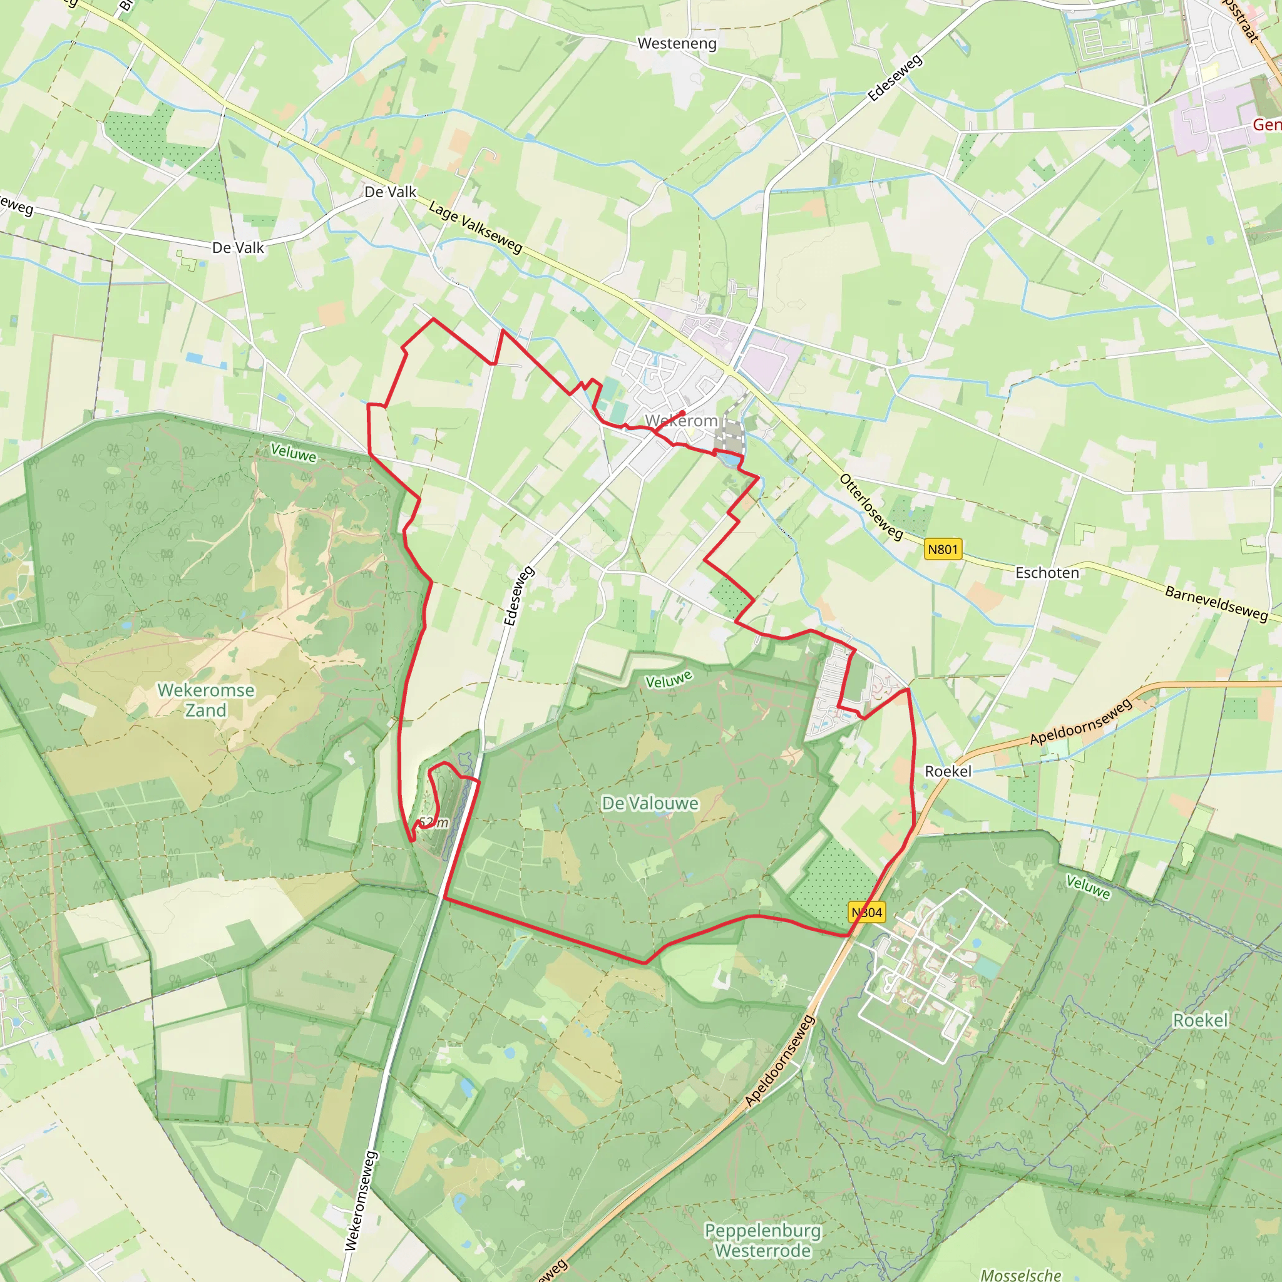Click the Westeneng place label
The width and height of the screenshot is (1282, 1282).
[677, 44]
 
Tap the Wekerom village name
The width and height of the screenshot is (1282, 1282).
[682, 421]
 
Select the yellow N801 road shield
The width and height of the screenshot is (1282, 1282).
[942, 549]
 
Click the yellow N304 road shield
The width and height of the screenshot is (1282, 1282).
[867, 913]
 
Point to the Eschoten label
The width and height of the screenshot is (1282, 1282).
[1047, 573]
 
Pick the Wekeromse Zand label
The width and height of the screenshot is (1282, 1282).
[206, 700]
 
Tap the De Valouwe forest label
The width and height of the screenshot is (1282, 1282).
[650, 804]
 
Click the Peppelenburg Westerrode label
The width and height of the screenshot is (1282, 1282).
[762, 1240]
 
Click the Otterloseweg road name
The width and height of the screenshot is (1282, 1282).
[871, 507]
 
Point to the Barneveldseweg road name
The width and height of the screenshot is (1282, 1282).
[1216, 603]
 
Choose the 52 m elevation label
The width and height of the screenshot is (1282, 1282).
[434, 823]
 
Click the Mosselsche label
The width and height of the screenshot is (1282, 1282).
[1020, 1274]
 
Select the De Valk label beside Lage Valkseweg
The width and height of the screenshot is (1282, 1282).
[390, 192]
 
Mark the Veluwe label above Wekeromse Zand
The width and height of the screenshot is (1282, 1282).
[294, 454]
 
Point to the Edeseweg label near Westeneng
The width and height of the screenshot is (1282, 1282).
[895, 78]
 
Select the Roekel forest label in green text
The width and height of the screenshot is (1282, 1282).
[1201, 1020]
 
